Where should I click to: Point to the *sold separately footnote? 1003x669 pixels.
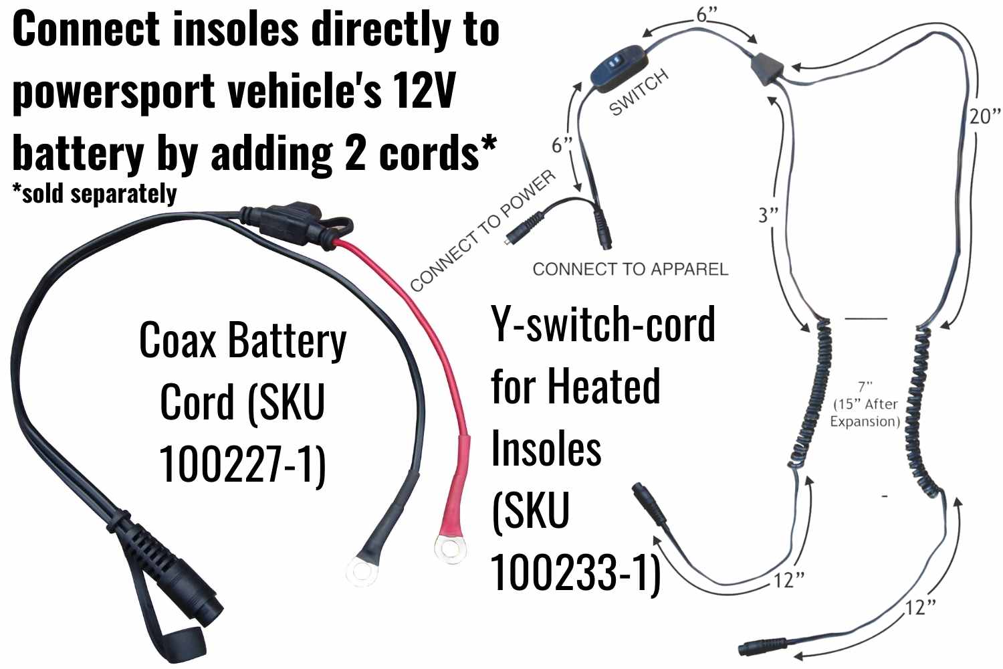click(x=94, y=194)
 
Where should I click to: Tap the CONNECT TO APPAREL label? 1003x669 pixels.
click(x=630, y=270)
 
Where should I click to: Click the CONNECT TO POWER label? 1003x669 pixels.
click(x=482, y=231)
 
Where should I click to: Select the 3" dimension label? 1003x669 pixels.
click(x=768, y=215)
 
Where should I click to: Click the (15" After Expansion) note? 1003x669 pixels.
click(x=865, y=413)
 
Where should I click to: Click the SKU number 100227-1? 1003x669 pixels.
click(x=242, y=463)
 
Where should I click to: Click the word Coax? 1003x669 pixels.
click(x=177, y=341)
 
